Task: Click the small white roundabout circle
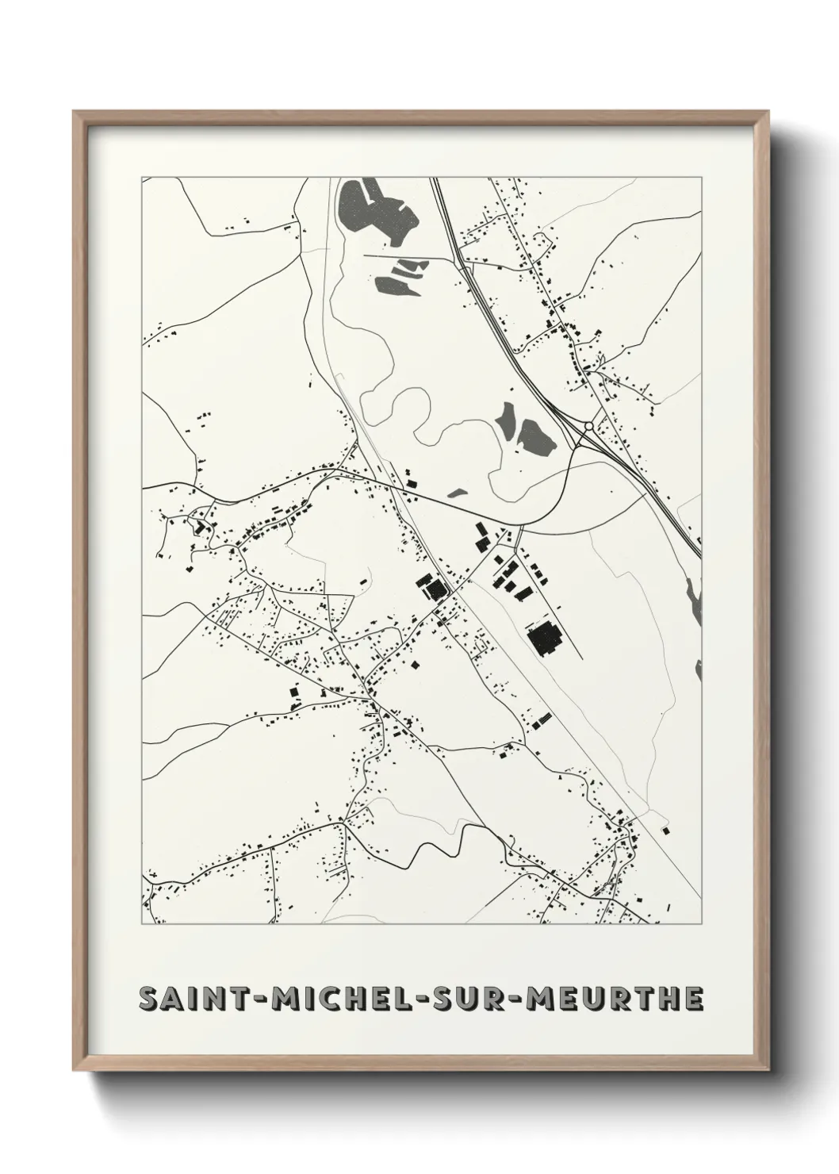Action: pyautogui.click(x=588, y=427)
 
